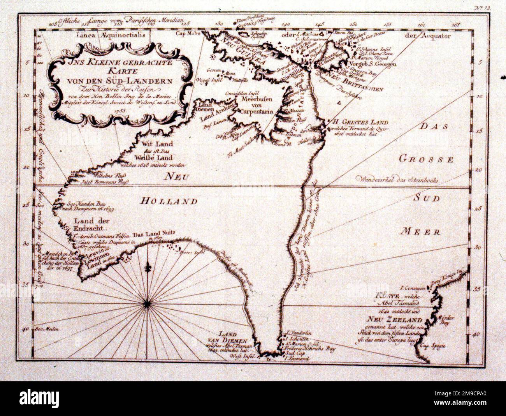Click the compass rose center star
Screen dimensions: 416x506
tap(148, 303)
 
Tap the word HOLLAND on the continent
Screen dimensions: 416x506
tap(169, 201)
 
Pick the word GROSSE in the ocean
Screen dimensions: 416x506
tap(427, 159)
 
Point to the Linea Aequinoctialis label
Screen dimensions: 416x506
tap(111, 35)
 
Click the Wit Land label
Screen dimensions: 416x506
tap(146, 144)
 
